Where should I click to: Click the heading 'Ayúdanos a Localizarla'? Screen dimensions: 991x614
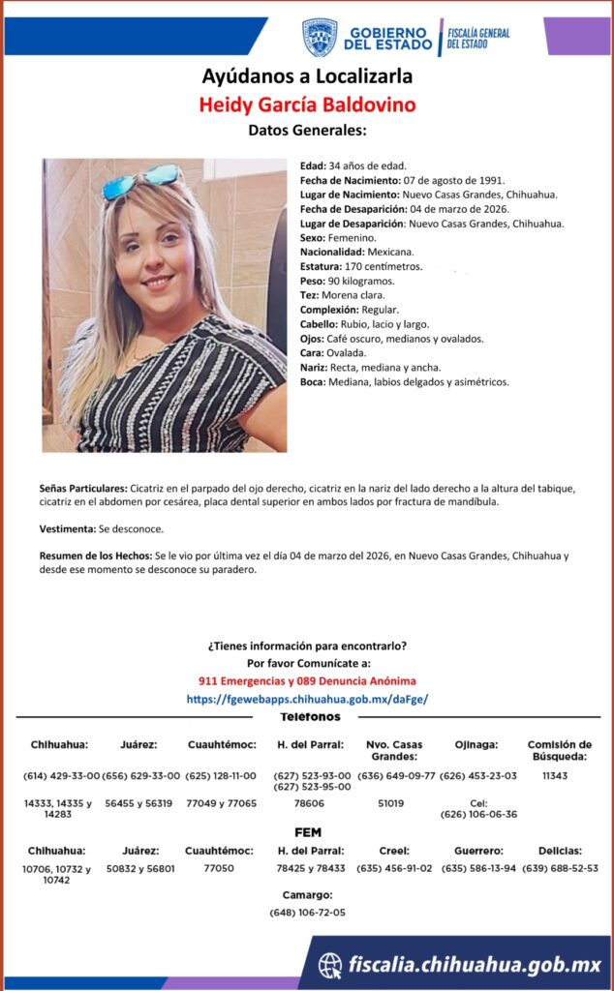pyautogui.click(x=306, y=76)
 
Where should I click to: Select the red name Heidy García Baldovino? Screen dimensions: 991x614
pyautogui.click(x=307, y=105)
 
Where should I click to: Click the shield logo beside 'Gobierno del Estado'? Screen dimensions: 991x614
pyautogui.click(x=320, y=37)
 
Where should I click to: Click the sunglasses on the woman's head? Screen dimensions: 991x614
pyautogui.click(x=141, y=179)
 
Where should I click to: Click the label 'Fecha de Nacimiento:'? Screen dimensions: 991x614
pyautogui.click(x=350, y=180)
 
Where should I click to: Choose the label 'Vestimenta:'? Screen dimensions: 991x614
pyautogui.click(x=68, y=529)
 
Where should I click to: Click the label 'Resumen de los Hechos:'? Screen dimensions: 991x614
pyautogui.click(x=95, y=556)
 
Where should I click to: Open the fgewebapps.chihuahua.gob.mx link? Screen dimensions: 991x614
pyautogui.click(x=307, y=698)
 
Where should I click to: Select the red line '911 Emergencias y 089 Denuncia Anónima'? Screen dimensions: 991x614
pyautogui.click(x=307, y=681)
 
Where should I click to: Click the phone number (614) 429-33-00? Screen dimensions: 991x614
pyautogui.click(x=61, y=776)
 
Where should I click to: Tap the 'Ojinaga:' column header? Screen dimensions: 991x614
pyautogui.click(x=476, y=744)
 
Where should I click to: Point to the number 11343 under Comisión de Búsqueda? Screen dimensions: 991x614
pyautogui.click(x=555, y=776)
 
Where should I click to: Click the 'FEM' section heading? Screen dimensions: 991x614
pyautogui.click(x=307, y=832)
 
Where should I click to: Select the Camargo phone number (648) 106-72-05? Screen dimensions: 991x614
pyautogui.click(x=307, y=912)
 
